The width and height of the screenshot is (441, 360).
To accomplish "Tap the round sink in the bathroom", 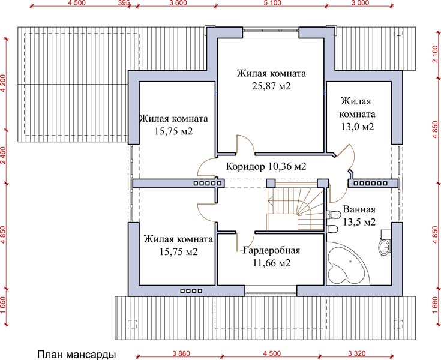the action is pos(385,247).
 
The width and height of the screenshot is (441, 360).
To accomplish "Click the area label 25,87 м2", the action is pos(271,86).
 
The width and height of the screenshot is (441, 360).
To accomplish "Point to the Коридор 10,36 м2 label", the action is pos(266,167).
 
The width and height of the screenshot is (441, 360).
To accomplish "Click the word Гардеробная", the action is pos(271,250).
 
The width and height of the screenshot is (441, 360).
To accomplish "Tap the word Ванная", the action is pos(359,209).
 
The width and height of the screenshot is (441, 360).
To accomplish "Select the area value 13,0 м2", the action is pos(358,127).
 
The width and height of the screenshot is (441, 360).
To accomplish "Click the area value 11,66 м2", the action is pos(271,263).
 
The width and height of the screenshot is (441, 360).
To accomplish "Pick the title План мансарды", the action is pos(77,355).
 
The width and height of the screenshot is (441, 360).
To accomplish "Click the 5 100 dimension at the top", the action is pos(272,3).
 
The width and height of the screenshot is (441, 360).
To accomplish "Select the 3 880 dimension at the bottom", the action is pos(181,353).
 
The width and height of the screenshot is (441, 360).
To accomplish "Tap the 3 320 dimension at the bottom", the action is pos(356,353).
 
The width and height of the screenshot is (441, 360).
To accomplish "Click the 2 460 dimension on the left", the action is pos(3,155).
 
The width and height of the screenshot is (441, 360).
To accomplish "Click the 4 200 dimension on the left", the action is pos(3,83).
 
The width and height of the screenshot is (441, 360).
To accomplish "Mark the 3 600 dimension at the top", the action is pos(178,3).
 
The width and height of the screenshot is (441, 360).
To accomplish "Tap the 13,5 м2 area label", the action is pos(359,222).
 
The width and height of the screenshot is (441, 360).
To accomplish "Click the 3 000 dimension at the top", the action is pos(360,3).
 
